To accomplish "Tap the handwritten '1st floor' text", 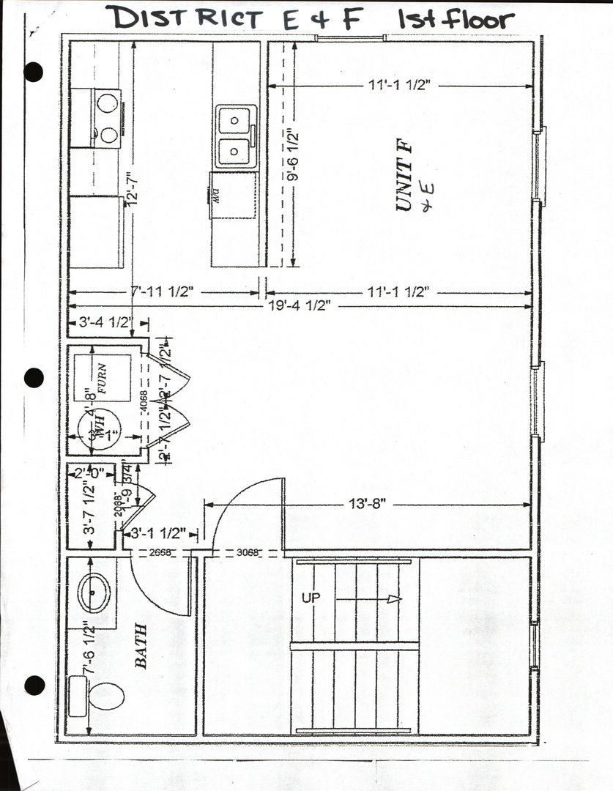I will click(x=456, y=19).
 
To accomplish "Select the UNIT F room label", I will click(x=405, y=179).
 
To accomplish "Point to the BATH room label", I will click(x=141, y=645).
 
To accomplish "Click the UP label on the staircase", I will click(x=312, y=598).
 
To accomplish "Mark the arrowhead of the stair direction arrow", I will click(x=395, y=599).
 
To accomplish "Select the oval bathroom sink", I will click(x=94, y=593).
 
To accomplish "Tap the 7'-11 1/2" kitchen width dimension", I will click(x=162, y=292).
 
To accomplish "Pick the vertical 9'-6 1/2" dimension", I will click(x=292, y=156).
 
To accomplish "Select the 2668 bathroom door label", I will click(x=160, y=553).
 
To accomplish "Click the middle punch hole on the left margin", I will click(x=34, y=378).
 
